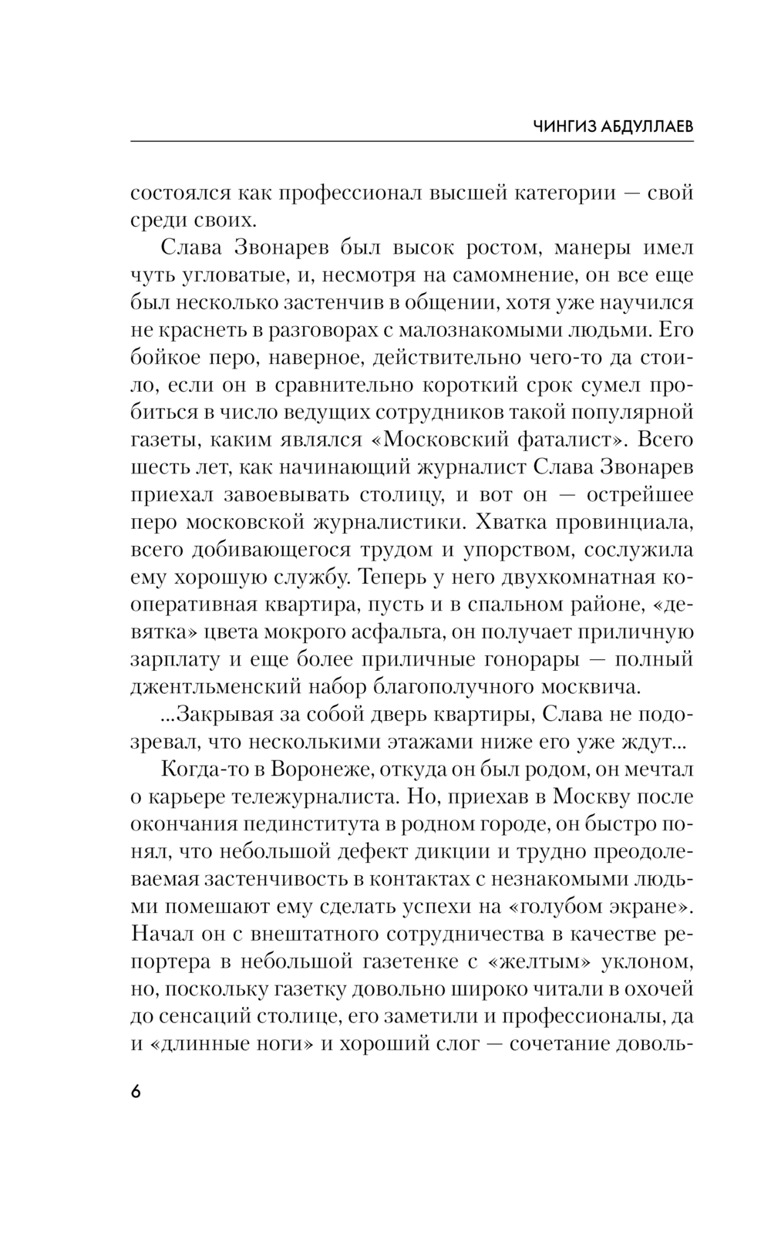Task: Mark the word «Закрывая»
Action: (218, 715)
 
